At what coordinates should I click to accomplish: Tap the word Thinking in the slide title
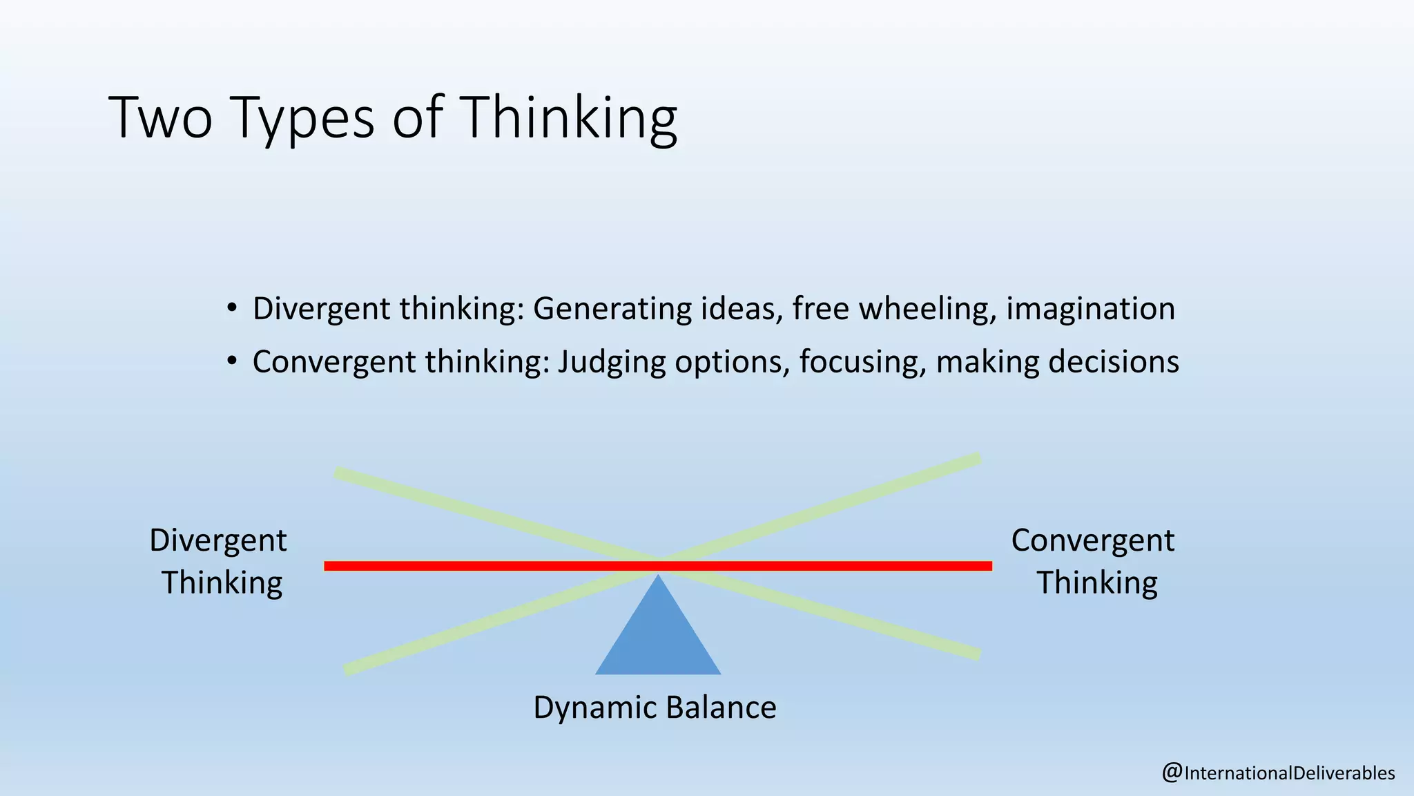568,119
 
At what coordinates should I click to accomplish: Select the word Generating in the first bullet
612,309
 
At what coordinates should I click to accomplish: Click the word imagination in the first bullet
1090,309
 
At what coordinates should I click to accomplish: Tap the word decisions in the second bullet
1113,362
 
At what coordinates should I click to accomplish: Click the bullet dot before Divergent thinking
232,307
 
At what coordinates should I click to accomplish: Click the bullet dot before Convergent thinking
232,361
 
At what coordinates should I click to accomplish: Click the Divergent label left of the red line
218,540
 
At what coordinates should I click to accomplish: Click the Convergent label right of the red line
1092,540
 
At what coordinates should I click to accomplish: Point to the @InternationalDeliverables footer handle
1278,773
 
